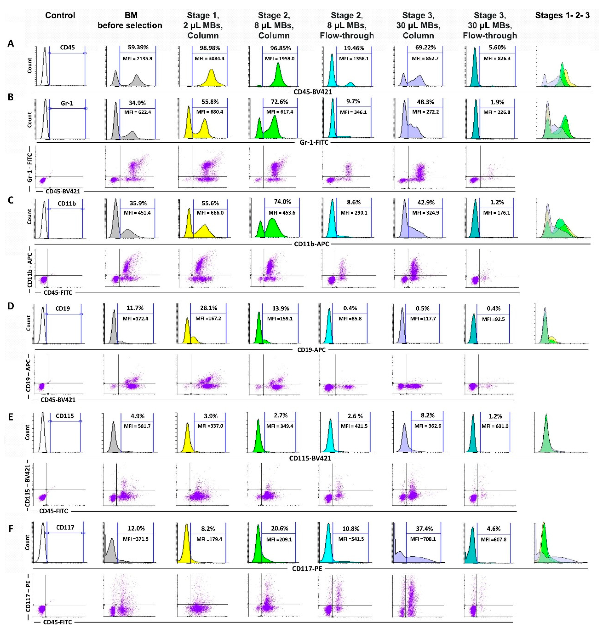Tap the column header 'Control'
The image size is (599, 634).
pos(60,15)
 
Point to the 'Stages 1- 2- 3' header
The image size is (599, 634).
pos(562,15)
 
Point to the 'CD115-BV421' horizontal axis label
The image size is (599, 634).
pos(310,458)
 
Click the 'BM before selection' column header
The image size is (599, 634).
pos(130,20)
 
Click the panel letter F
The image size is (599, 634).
pos(10,529)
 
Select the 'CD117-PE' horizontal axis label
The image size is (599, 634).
pos(307,569)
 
